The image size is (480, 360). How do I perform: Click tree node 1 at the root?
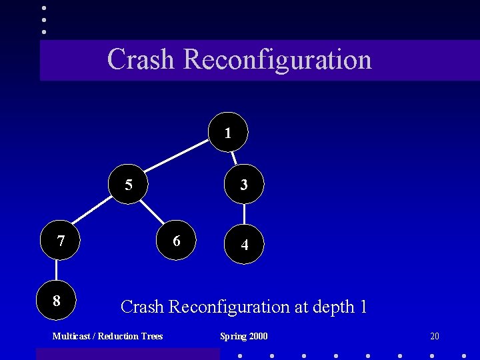228,132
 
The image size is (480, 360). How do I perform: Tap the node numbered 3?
244,185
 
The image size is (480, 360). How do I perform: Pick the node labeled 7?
61,240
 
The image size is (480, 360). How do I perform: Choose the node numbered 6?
177,240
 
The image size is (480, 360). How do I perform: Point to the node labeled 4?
245,245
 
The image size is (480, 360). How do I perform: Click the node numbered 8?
56,301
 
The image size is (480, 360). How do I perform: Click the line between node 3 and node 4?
245,215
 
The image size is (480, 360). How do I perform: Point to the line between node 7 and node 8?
57,271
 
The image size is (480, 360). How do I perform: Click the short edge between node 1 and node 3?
235,157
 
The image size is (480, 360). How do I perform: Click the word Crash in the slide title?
141,59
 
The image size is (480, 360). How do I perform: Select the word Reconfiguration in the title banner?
277,59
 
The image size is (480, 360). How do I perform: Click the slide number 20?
435,336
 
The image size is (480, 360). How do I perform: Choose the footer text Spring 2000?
244,336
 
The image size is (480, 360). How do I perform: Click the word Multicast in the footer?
72,336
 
